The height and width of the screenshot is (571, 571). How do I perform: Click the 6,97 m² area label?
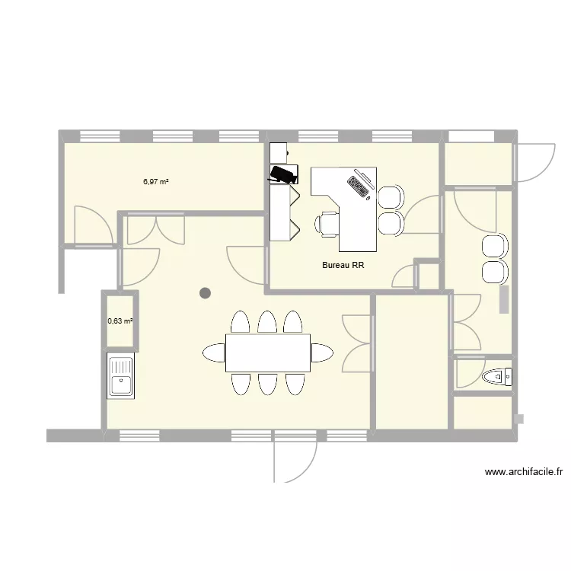tap(155, 182)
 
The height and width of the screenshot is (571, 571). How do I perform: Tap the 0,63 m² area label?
tap(120, 321)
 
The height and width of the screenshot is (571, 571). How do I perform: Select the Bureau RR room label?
tap(343, 266)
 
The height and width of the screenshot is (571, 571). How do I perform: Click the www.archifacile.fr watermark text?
tap(523, 472)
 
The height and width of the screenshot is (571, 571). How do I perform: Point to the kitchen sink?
tap(120, 376)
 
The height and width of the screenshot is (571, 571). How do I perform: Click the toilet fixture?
tap(499, 376)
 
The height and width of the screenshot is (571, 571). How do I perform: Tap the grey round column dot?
tap(205, 292)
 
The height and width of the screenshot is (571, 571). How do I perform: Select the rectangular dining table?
tap(267, 352)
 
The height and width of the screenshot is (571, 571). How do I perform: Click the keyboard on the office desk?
tap(358, 187)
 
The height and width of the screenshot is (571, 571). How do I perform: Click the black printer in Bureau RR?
tap(283, 174)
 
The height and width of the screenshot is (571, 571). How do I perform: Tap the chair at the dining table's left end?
tap(213, 352)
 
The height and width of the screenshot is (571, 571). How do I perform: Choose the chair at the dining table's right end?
tap(321, 352)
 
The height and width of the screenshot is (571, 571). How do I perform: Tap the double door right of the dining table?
tap(356, 343)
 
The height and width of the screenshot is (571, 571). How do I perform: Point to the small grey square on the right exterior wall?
tap(520, 418)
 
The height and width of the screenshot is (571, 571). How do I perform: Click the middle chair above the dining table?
tap(266, 322)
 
